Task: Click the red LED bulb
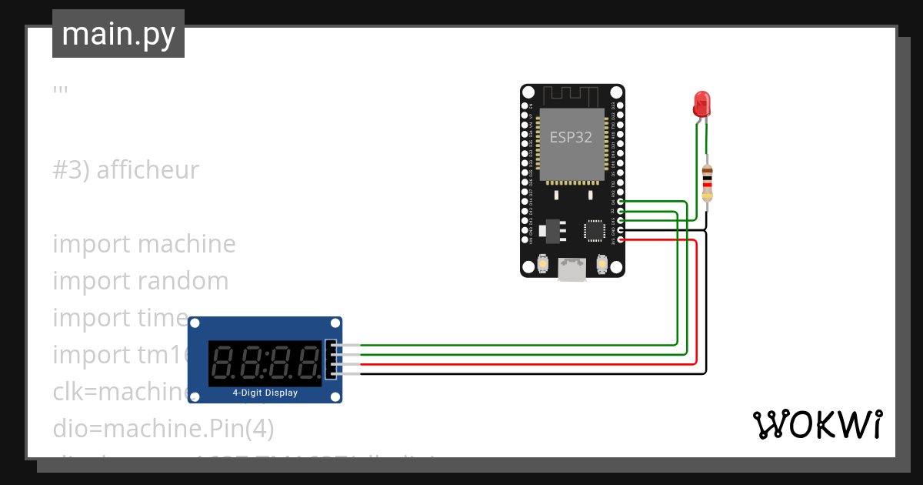click(701, 103)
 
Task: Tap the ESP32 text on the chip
click(571, 138)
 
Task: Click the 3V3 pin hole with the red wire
click(621, 240)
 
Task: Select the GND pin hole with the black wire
click(621, 230)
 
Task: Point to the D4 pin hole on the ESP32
click(621, 201)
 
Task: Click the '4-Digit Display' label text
click(265, 393)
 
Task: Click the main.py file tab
click(118, 34)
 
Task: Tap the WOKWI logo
click(816, 424)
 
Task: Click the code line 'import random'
click(141, 281)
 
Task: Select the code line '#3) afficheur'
click(126, 170)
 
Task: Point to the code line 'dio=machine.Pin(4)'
click(163, 427)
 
